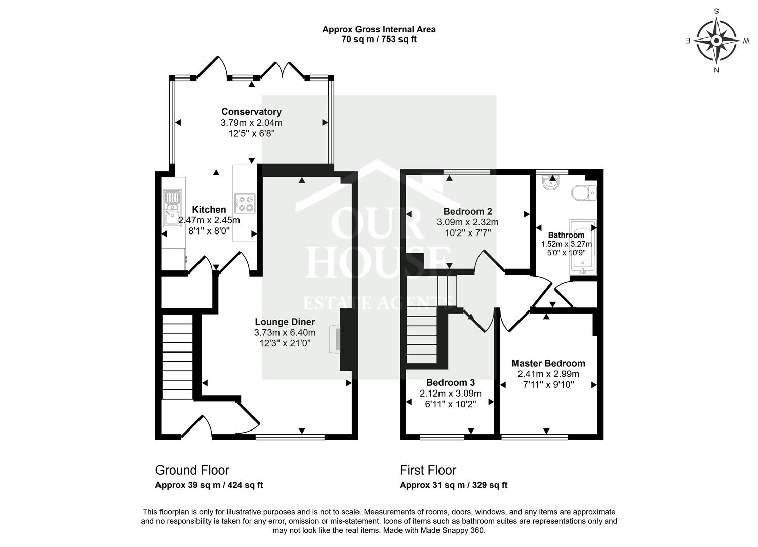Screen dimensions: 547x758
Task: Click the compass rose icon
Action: tap(716, 40)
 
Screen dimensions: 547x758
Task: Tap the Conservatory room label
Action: tap(251, 112)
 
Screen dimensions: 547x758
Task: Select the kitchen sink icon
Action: tap(172, 208)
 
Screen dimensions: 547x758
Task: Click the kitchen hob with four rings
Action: tap(245, 203)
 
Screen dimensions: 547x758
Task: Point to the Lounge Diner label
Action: tap(285, 322)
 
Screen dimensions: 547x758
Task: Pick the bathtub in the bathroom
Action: tap(583, 247)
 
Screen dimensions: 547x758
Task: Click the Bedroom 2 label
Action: tap(467, 211)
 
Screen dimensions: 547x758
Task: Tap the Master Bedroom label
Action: tap(548, 363)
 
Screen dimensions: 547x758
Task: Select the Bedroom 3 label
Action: tap(450, 382)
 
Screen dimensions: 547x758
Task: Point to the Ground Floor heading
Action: tap(192, 470)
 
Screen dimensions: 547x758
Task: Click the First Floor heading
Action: tap(428, 470)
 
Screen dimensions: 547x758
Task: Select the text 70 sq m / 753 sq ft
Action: tap(379, 39)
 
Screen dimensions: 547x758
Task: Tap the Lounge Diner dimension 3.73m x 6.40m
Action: tap(285, 332)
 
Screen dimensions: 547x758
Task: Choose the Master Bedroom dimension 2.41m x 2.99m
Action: tap(548, 374)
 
